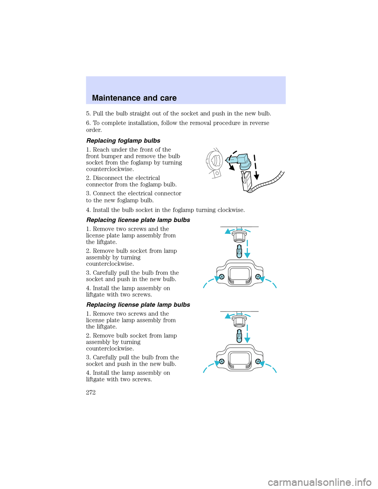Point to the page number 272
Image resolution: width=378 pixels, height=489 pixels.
click(91, 392)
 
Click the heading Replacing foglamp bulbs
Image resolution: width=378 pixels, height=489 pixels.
click(123, 141)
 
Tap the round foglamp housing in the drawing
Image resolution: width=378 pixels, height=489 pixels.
click(215, 161)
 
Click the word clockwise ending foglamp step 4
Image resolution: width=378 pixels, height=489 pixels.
click(230, 210)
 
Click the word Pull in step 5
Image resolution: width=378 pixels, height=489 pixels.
click(98, 113)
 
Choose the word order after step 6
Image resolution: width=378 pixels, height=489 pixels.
click(94, 130)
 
